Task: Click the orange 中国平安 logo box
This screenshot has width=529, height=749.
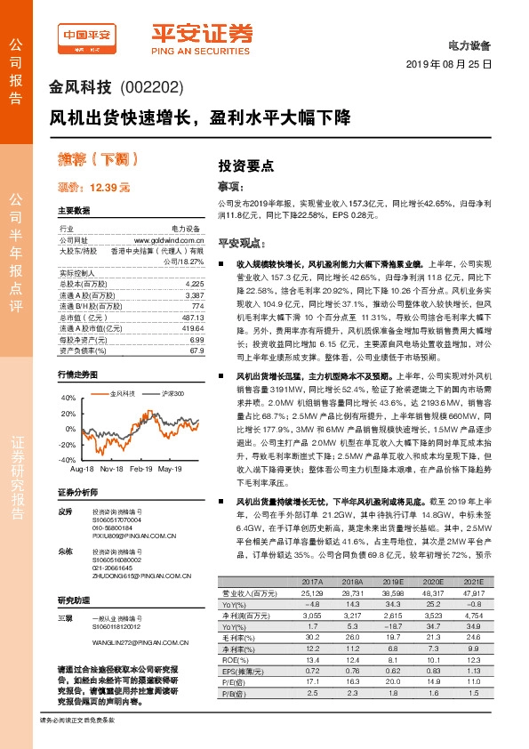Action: pos(86,35)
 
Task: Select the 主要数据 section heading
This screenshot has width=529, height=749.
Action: pos(74,211)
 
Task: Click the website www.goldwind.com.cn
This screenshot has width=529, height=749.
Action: pos(169,239)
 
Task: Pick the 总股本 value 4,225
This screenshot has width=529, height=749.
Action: pos(196,283)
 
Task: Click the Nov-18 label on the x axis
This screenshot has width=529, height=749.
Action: pos(111,468)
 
